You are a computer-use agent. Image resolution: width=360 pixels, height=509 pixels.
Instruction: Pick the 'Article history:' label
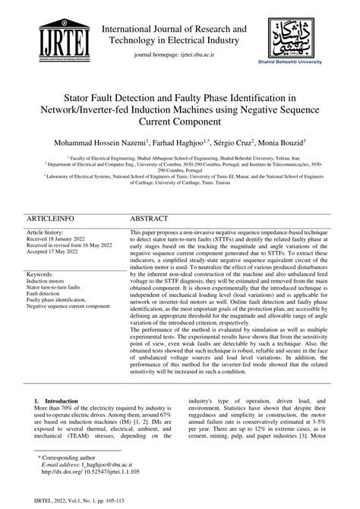click(47, 231)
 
